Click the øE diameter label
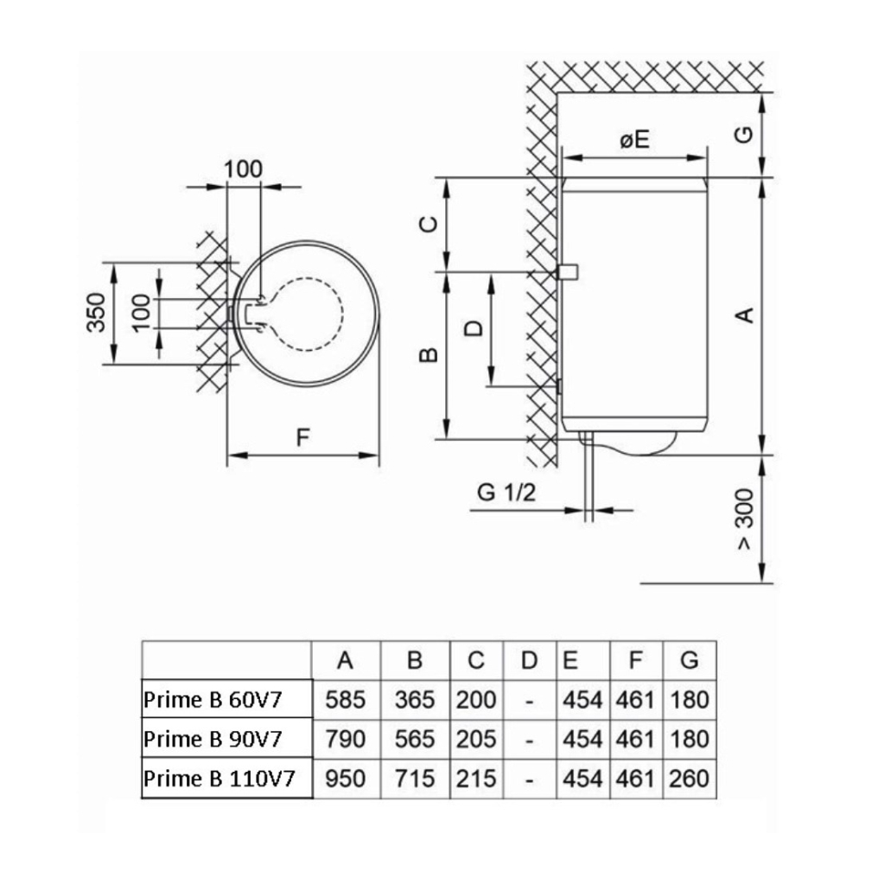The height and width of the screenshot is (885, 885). pyautogui.click(x=634, y=141)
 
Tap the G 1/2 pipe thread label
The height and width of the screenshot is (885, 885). pyautogui.click(x=507, y=493)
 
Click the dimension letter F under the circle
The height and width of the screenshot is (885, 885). pyautogui.click(x=302, y=437)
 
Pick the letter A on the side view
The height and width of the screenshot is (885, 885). pyautogui.click(x=744, y=315)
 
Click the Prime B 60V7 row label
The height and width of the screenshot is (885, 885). pyautogui.click(x=213, y=700)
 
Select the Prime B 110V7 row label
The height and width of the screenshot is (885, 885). pyautogui.click(x=220, y=779)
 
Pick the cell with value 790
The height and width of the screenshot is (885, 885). pyautogui.click(x=346, y=740)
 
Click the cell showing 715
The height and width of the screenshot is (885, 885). pyautogui.click(x=414, y=779)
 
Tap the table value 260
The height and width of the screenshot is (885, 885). pyautogui.click(x=689, y=779)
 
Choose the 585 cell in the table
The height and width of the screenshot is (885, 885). pyautogui.click(x=346, y=700)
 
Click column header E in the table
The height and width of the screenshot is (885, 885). pyautogui.click(x=570, y=660)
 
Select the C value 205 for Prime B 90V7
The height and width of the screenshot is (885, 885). pyautogui.click(x=476, y=740)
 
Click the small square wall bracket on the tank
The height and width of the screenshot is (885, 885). pyautogui.click(x=568, y=272)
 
